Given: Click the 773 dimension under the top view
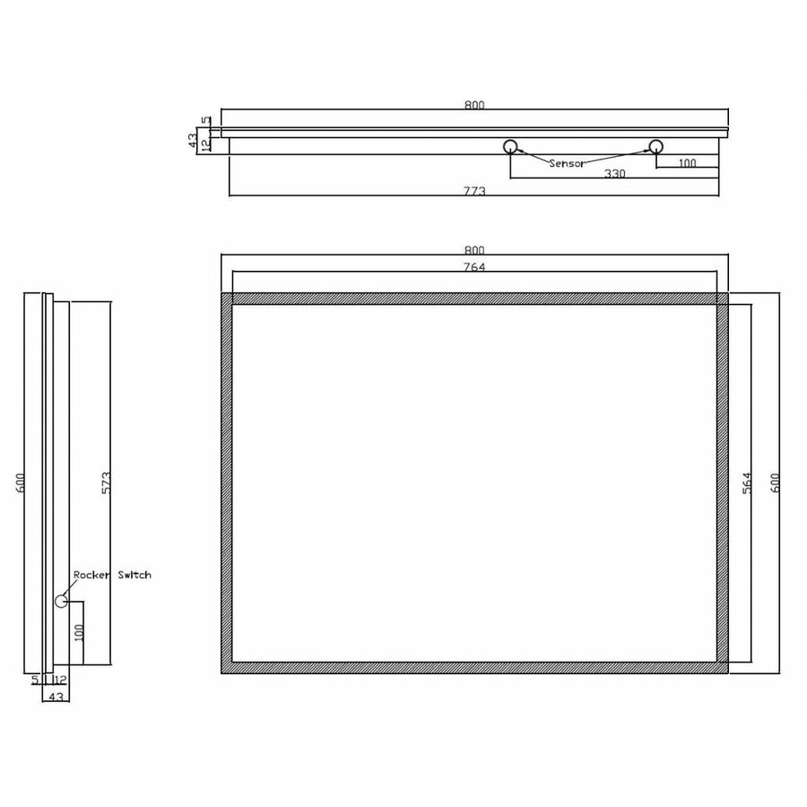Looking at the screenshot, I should click(474, 190).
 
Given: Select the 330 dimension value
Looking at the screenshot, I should click(614, 174).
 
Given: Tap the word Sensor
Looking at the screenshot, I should click(567, 163).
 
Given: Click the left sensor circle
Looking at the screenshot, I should click(511, 146).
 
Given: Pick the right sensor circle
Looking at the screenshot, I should click(655, 146).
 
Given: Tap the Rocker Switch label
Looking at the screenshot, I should click(112, 575).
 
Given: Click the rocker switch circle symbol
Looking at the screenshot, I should click(61, 601).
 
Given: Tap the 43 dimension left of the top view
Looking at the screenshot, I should click(192, 139).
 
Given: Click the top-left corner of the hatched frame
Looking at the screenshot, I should click(222, 294).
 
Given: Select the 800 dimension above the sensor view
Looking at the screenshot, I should click(474, 105).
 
